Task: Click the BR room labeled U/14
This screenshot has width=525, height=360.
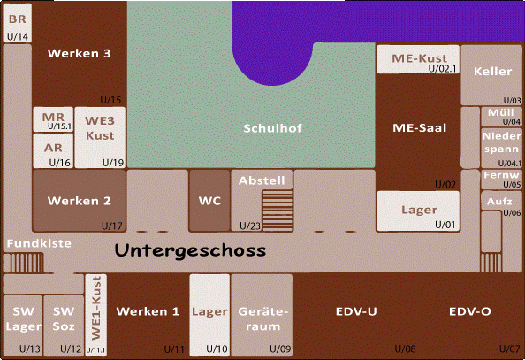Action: (x=18, y=23)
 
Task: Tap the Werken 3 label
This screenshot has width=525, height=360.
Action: (x=80, y=53)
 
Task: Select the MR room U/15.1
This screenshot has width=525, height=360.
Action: (x=53, y=119)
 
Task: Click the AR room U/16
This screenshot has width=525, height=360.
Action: (x=53, y=150)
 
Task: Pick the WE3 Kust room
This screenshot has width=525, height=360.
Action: (x=100, y=137)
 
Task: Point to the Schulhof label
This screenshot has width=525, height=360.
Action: (x=272, y=128)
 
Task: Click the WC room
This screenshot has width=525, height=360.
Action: (x=209, y=201)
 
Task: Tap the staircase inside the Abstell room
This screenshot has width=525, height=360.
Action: (x=278, y=211)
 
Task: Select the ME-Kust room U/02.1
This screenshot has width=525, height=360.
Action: (x=418, y=59)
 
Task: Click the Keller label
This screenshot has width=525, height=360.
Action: (x=493, y=72)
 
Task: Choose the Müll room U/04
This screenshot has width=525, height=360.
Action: (x=501, y=117)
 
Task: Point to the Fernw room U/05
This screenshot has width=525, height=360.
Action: (x=501, y=180)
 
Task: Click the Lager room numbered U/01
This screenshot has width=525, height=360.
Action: (x=418, y=211)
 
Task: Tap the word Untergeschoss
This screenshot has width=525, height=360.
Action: (x=190, y=250)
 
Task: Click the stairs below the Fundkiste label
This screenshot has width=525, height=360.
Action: (x=24, y=263)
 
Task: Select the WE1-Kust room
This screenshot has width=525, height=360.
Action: (x=96, y=315)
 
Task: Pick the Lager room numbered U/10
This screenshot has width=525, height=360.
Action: (x=209, y=315)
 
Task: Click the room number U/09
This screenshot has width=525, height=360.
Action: (x=280, y=349)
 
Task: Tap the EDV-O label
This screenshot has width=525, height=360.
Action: (x=470, y=311)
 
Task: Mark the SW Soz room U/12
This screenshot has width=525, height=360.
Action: (x=64, y=326)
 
